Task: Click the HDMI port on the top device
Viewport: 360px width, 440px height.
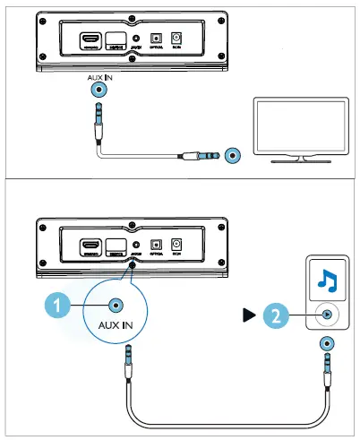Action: click(90, 39)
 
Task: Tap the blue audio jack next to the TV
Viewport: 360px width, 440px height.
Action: click(233, 156)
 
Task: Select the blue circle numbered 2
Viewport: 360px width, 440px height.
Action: click(277, 315)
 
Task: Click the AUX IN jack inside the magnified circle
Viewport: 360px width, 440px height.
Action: click(115, 305)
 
